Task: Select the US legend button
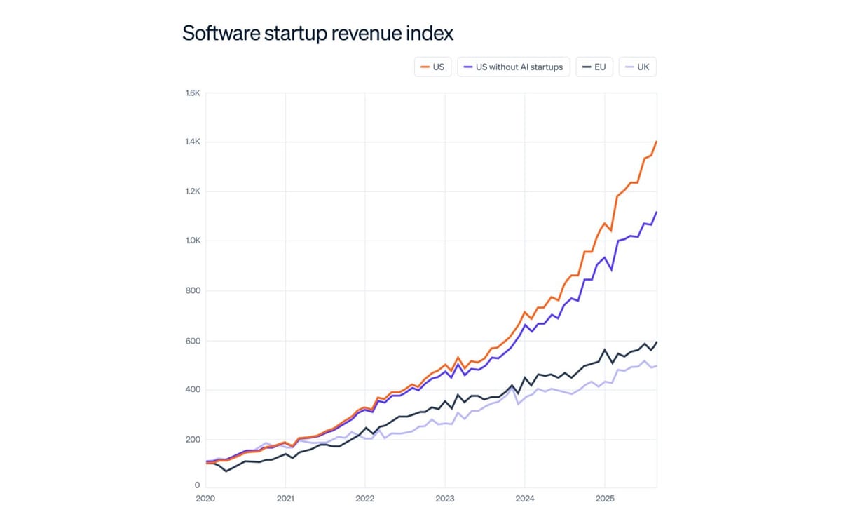click(x=433, y=67)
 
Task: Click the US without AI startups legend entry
click(x=514, y=67)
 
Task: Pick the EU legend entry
click(x=594, y=67)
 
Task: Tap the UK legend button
click(x=637, y=67)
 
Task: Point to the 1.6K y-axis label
click(x=193, y=93)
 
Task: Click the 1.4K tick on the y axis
click(x=193, y=142)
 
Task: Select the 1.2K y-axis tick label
click(x=193, y=191)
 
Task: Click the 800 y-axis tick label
click(x=194, y=291)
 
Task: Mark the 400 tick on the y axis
click(x=194, y=390)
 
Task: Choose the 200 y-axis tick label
click(x=194, y=440)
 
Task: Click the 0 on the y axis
click(x=198, y=485)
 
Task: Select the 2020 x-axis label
click(x=205, y=499)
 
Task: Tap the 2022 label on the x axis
click(x=364, y=499)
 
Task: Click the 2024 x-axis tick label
click(x=524, y=499)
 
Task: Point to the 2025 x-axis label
click(x=604, y=499)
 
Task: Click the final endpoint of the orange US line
click(x=656, y=142)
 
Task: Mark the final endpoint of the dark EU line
click(x=656, y=342)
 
